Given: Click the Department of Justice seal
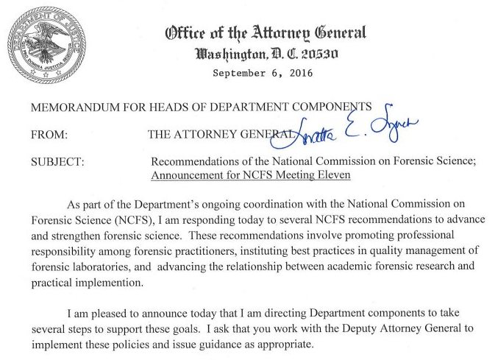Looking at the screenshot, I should [x=42, y=44].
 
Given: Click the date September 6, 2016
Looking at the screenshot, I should [x=263, y=73].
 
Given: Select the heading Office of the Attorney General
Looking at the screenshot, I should [x=266, y=33].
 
